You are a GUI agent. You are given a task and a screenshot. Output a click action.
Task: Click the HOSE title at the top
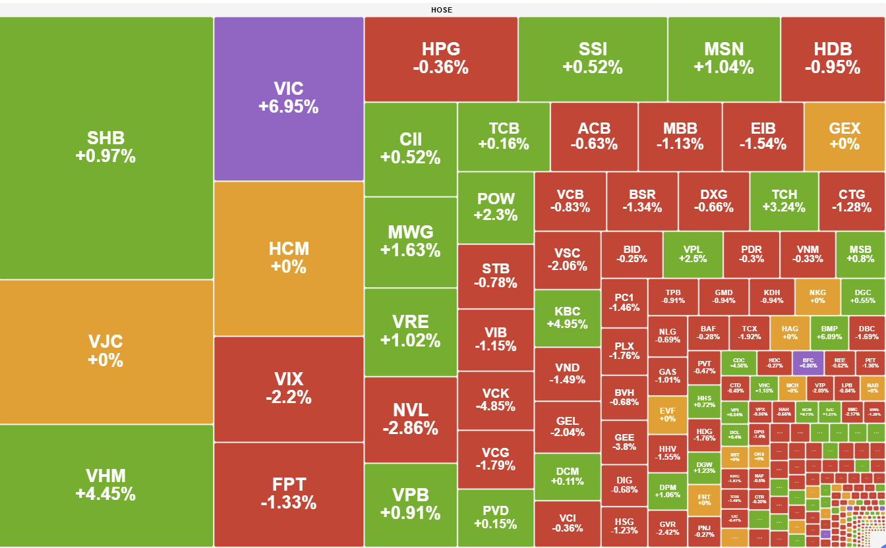(x=442, y=10)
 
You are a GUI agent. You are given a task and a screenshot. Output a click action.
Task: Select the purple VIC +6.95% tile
(x=289, y=99)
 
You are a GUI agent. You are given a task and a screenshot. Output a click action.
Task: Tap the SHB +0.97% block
(x=105, y=148)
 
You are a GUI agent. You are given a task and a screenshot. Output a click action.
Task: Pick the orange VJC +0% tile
(x=105, y=351)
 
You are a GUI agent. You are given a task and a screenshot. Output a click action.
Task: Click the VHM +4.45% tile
(x=105, y=485)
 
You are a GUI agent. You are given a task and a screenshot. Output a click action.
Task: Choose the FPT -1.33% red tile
(x=289, y=494)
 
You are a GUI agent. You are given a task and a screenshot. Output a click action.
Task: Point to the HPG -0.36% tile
(x=440, y=59)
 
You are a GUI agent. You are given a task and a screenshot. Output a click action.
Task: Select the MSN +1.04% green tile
(x=724, y=59)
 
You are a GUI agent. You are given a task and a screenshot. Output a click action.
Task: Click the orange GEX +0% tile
(x=844, y=136)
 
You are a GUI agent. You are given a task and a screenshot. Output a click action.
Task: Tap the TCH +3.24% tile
(x=784, y=201)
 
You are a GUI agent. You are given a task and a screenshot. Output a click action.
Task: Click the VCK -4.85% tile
(x=495, y=400)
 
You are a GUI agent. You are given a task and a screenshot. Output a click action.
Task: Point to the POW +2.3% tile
(x=495, y=207)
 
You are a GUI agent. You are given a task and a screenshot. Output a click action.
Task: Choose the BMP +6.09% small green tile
(x=829, y=333)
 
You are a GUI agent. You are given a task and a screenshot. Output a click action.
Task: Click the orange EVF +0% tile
(x=667, y=414)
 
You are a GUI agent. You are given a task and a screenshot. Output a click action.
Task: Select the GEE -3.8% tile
(x=624, y=442)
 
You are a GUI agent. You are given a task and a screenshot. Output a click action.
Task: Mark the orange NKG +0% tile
(x=817, y=296)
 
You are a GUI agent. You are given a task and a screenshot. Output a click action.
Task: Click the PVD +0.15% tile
(x=495, y=518)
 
